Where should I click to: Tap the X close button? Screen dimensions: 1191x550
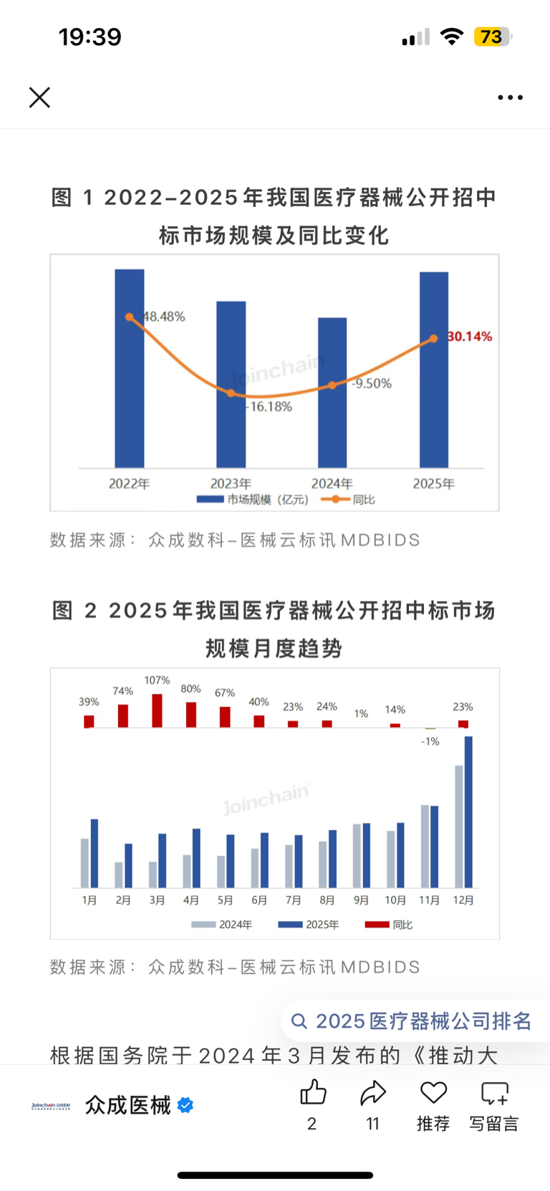click(x=39, y=97)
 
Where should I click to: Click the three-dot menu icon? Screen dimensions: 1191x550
click(x=510, y=97)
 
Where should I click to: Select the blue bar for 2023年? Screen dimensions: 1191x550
click(x=231, y=384)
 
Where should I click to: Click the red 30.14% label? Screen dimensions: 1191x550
click(x=470, y=337)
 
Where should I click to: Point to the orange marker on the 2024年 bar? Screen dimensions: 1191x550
click(x=332, y=385)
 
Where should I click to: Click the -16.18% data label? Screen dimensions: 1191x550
click(x=269, y=407)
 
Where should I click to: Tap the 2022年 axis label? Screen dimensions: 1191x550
click(x=129, y=484)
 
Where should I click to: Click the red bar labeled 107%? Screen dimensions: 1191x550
click(x=157, y=710)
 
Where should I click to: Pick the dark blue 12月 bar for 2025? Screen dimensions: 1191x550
click(x=468, y=811)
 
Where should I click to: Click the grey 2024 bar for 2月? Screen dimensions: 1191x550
click(x=119, y=874)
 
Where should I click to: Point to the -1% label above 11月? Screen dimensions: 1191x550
click(x=430, y=741)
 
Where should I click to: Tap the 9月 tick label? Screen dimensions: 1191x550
click(x=361, y=900)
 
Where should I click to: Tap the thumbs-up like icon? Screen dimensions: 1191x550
click(x=313, y=1093)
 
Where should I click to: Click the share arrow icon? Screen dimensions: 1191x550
click(x=373, y=1093)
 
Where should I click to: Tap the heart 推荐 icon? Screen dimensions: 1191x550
click(x=433, y=1093)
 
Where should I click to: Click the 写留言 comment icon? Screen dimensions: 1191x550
click(x=494, y=1094)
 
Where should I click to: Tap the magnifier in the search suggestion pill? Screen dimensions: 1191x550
click(x=299, y=1021)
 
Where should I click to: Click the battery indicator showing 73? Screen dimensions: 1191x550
click(x=493, y=37)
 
